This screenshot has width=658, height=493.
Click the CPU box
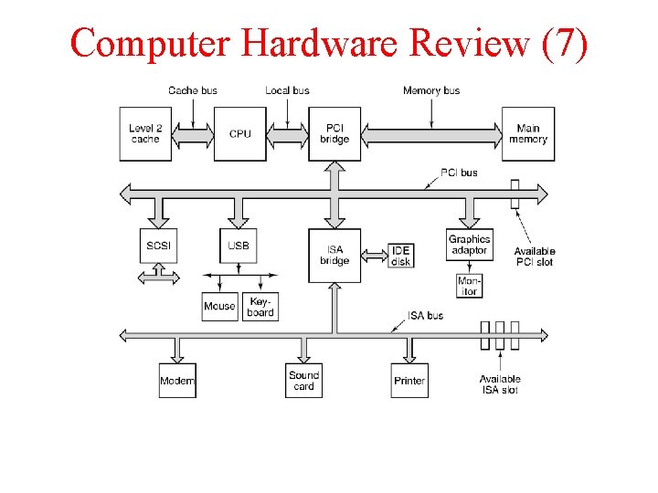pyautogui.click(x=239, y=134)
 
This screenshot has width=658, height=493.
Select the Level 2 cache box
pyautogui.click(x=144, y=134)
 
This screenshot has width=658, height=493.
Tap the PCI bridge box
pyautogui.click(x=334, y=134)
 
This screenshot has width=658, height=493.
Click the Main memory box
pyautogui.click(x=527, y=134)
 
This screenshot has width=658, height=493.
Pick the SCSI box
pyautogui.click(x=158, y=246)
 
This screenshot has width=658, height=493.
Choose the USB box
pyautogui.click(x=239, y=246)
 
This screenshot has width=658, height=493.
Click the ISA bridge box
pyautogui.click(x=334, y=255)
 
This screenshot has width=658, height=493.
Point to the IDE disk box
pyautogui.click(x=400, y=256)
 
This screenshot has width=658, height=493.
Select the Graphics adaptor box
pyautogui.click(x=469, y=245)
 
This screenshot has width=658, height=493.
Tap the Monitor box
pyautogui.click(x=469, y=286)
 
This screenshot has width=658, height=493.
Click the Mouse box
pyautogui.click(x=219, y=306)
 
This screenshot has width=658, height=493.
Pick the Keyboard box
pyautogui.click(x=260, y=306)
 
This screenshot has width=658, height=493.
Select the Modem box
pyautogui.click(x=177, y=380)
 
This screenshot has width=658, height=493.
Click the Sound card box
pyautogui.click(x=303, y=380)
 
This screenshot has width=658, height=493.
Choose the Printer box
pyautogui.click(x=409, y=380)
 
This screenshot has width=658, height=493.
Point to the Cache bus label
pyautogui.click(x=193, y=90)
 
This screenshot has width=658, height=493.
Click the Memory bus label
pyautogui.click(x=431, y=90)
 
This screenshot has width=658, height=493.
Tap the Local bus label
pyautogui.click(x=287, y=90)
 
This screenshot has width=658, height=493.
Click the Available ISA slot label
pyautogui.click(x=500, y=384)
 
